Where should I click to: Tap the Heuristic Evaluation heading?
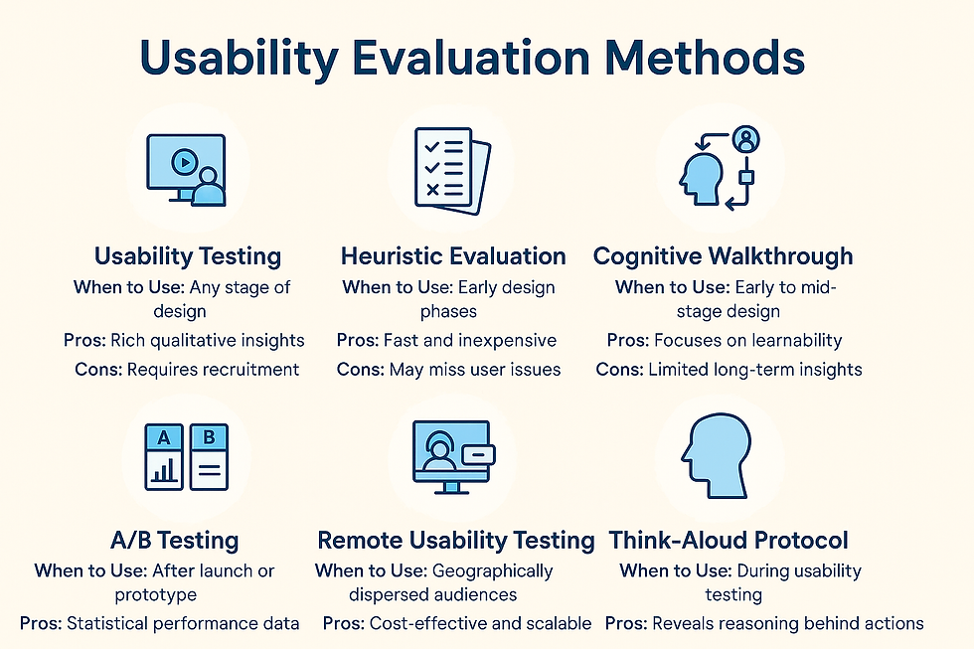[x=453, y=255]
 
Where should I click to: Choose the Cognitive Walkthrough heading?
[x=723, y=255]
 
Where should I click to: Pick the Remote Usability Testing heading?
[x=455, y=541]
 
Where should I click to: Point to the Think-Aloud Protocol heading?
[x=729, y=541]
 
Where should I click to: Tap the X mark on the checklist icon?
[x=431, y=188]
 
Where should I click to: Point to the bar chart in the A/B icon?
[x=163, y=470]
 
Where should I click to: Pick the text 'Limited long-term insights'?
[x=756, y=369]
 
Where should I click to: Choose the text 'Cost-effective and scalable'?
[x=481, y=624]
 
